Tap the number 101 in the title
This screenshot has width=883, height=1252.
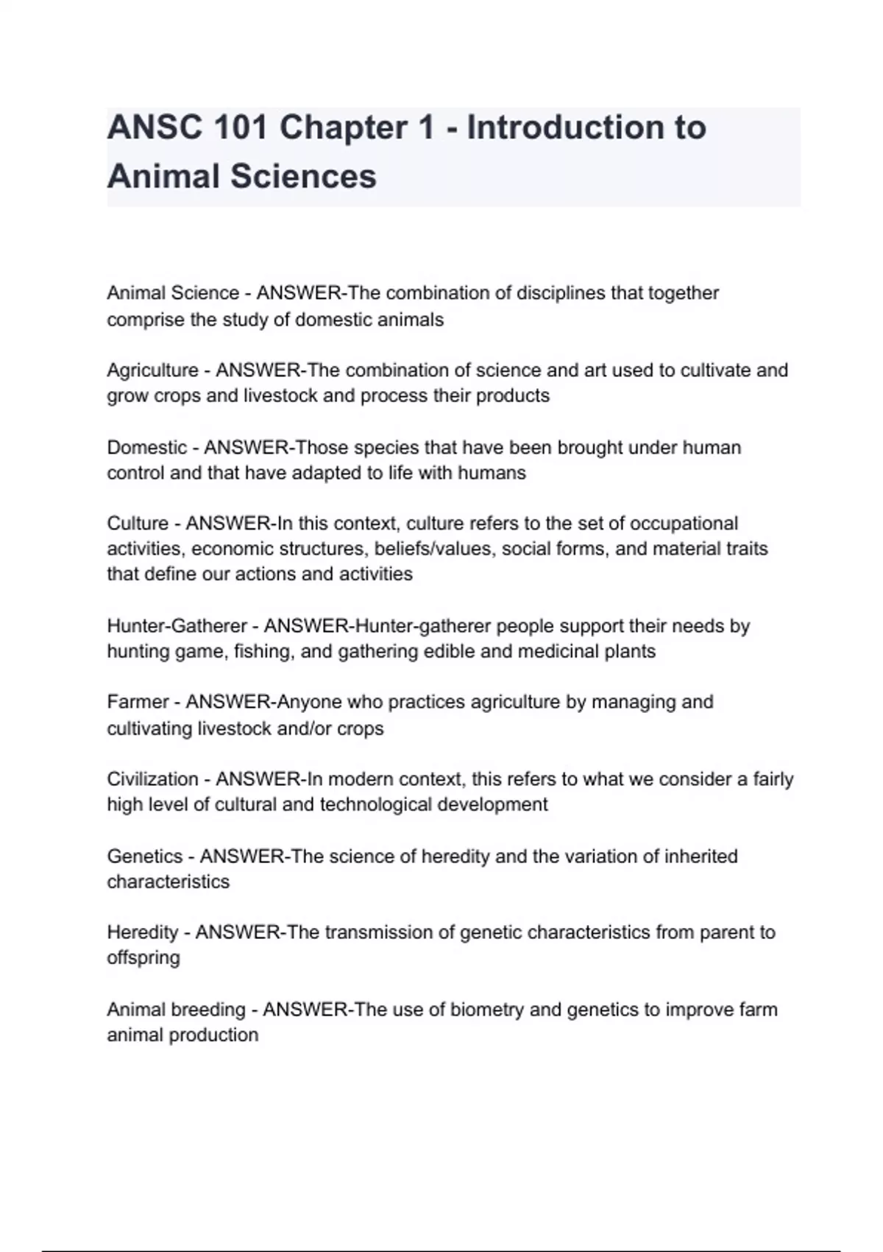[241, 128]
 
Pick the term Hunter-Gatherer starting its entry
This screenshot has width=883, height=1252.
[177, 626]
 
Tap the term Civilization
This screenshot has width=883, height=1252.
[152, 779]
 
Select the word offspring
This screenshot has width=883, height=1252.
[143, 959]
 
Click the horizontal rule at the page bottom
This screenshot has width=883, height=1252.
[441, 1251]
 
